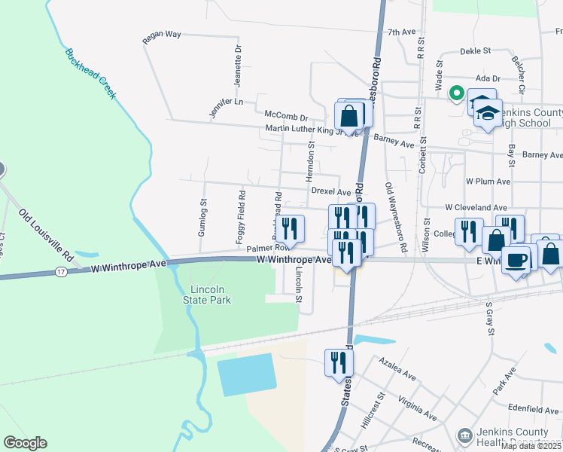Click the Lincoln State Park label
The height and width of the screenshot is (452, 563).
[207, 295]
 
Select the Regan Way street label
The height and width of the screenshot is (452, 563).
[162, 35]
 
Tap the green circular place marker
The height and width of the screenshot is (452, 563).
[455, 93]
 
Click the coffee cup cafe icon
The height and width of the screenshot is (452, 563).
[516, 261]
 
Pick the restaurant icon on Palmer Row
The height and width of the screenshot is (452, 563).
[289, 228]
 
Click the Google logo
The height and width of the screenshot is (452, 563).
[25, 443]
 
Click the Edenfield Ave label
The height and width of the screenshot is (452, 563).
[535, 411]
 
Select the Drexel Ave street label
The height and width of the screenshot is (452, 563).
[331, 192]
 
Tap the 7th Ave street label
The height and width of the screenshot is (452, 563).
[401, 32]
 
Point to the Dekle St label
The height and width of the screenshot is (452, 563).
[475, 51]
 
